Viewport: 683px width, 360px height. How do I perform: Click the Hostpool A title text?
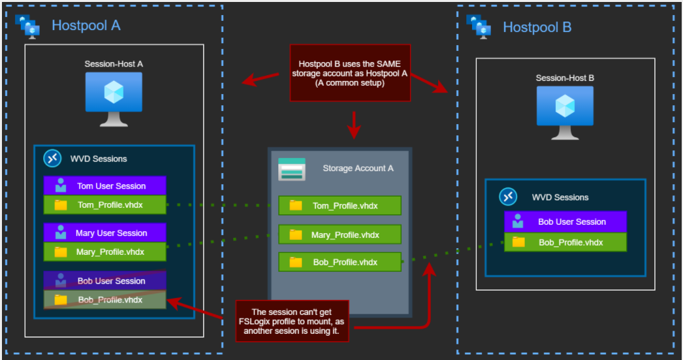86,25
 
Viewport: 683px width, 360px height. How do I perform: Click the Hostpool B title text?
537,27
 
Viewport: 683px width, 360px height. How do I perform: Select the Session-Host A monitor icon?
114,99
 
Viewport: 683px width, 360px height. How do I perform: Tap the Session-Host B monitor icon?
564,112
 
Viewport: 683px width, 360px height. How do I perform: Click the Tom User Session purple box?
104,186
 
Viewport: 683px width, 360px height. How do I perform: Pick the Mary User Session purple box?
104,233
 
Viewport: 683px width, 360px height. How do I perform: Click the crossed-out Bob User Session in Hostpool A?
104,281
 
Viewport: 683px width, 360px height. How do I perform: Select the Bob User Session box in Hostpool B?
565,221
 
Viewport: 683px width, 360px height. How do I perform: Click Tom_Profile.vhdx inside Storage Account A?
339,206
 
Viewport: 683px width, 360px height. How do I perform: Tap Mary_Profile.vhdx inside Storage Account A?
339,235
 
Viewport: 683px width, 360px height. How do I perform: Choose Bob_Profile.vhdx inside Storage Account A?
339,262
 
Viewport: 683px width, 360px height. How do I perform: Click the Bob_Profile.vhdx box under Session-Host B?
565,242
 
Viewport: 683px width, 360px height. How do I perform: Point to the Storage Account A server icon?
292,169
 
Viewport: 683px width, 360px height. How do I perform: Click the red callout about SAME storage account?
350,73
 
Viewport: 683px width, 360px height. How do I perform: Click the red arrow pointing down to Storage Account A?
353,125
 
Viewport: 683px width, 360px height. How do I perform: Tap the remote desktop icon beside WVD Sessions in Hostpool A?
52,158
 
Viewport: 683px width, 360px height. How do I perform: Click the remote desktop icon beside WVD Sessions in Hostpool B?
508,197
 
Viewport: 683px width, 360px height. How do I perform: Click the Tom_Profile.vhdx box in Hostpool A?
104,205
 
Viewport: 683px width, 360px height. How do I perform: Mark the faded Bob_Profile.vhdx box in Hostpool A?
104,300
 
